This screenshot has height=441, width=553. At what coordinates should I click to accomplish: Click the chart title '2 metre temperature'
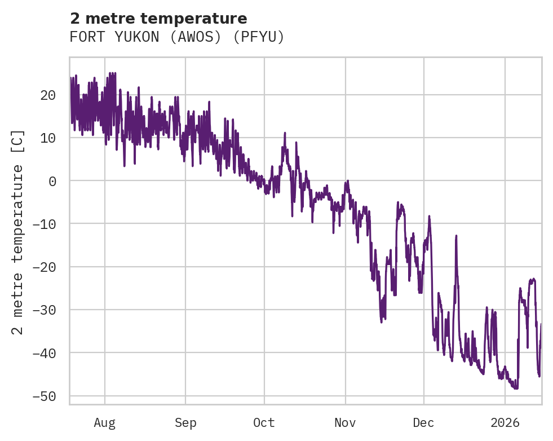click(x=158, y=19)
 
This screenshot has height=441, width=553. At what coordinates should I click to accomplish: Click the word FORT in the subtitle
click(x=83, y=37)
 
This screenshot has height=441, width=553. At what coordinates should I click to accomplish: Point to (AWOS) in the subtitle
click(x=192, y=37)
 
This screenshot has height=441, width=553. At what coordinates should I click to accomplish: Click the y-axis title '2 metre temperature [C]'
click(x=19, y=232)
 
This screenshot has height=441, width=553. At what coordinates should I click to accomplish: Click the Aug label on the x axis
click(x=105, y=423)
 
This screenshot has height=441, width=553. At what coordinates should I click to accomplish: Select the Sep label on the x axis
click(x=185, y=423)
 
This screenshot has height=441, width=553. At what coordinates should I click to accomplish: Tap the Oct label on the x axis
click(x=264, y=423)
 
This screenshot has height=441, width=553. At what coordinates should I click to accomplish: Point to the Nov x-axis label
click(x=345, y=423)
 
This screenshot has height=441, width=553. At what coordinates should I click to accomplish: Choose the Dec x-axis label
click(x=423, y=423)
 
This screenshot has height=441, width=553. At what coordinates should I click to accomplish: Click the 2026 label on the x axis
click(x=505, y=423)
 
